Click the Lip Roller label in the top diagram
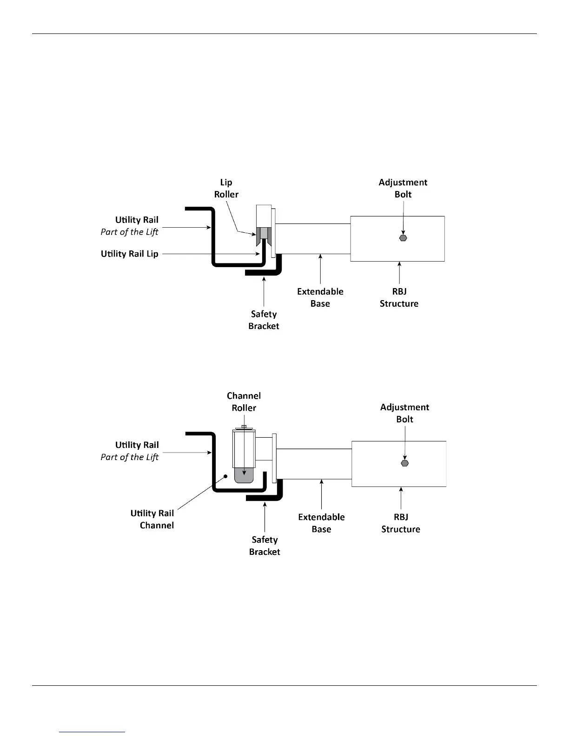pyautogui.click(x=226, y=188)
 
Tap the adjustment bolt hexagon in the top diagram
pyautogui.click(x=403, y=238)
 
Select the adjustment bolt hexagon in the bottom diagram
pyautogui.click(x=405, y=463)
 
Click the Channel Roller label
pyautogui.click(x=244, y=402)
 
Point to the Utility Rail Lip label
pyautogui.click(x=129, y=254)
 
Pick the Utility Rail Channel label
pyautogui.click(x=152, y=519)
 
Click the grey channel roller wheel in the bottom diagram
pyautogui.click(x=244, y=475)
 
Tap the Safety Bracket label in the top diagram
pyautogui.click(x=264, y=320)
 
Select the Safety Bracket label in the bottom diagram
pyautogui.click(x=265, y=545)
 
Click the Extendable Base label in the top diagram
pyautogui.click(x=320, y=297)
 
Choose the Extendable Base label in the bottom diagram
pyautogui.click(x=321, y=523)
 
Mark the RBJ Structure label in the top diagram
pyautogui.click(x=399, y=297)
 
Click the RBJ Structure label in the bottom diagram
pyautogui.click(x=401, y=523)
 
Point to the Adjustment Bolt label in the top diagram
pyautogui.click(x=403, y=188)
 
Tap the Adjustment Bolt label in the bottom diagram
pyautogui.click(x=404, y=413)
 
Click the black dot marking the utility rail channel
pyautogui.click(x=225, y=476)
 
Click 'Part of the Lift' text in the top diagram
pyautogui.click(x=129, y=232)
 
